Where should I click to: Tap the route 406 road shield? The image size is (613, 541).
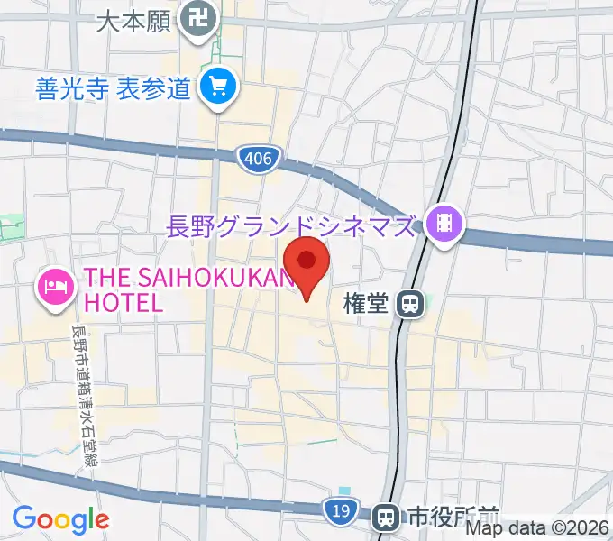pyautogui.click(x=256, y=160)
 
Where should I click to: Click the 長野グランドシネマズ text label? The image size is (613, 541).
pyautogui.click(x=290, y=225)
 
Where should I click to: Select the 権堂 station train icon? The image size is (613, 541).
pyautogui.click(x=410, y=305)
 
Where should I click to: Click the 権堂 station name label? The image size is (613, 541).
pyautogui.click(x=367, y=305)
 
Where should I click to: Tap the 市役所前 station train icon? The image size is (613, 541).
pyautogui.click(x=387, y=517)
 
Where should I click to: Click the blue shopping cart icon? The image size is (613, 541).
pyautogui.click(x=219, y=88)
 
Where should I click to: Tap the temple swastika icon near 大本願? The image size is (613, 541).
pyautogui.click(x=195, y=18)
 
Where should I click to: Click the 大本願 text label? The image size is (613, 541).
pyautogui.click(x=133, y=20)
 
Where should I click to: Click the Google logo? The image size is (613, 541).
pyautogui.click(x=60, y=519)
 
